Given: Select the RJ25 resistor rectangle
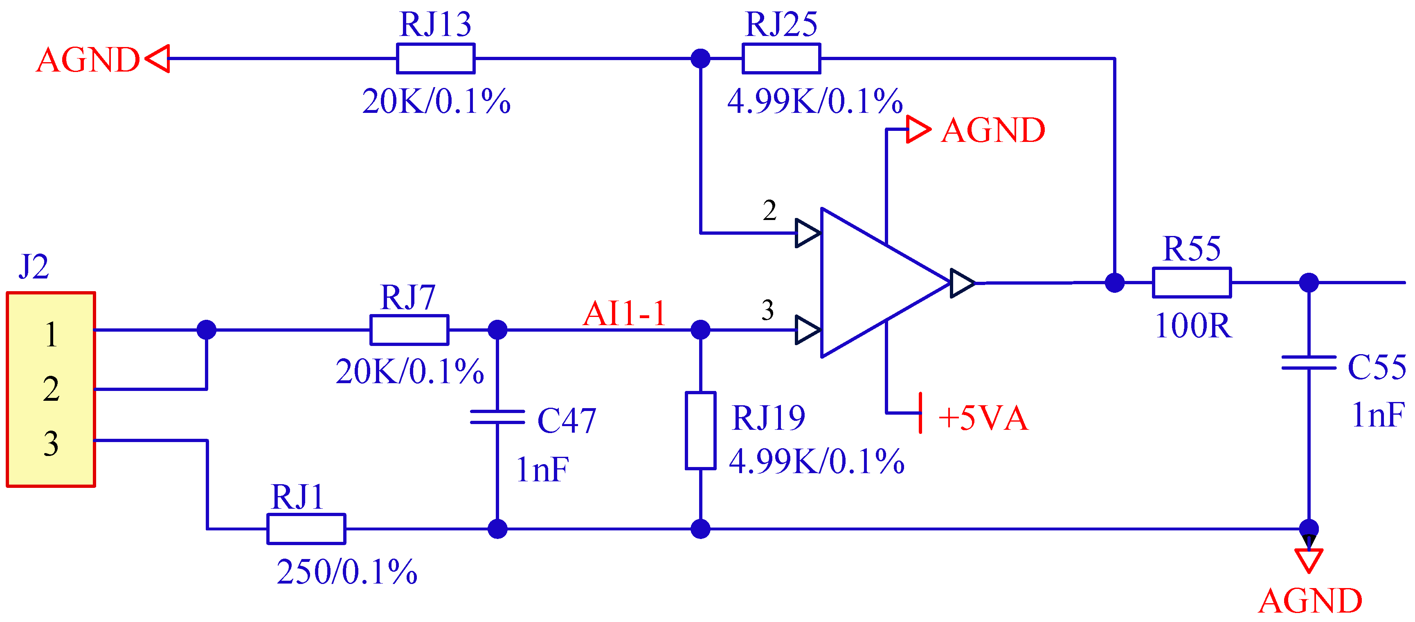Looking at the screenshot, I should point(781,58).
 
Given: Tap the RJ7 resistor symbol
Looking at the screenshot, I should point(409,330).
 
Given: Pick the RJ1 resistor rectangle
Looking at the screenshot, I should point(306,529).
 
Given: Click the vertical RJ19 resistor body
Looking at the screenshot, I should point(700,430).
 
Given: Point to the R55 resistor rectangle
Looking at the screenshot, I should point(1191,283).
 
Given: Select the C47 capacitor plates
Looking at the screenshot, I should point(497,417).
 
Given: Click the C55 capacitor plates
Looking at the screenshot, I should point(1309,363).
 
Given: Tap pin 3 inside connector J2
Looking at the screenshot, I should point(51,444).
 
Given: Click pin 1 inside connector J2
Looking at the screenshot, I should point(51,335).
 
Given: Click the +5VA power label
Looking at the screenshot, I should point(983,418).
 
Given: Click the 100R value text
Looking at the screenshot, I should point(1193,326).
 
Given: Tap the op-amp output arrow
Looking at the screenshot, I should point(963,283).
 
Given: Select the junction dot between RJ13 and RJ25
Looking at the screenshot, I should point(700,58).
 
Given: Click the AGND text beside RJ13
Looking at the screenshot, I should point(88,59).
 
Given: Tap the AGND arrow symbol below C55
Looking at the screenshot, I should point(1309,560).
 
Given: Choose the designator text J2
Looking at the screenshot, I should point(34,267).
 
